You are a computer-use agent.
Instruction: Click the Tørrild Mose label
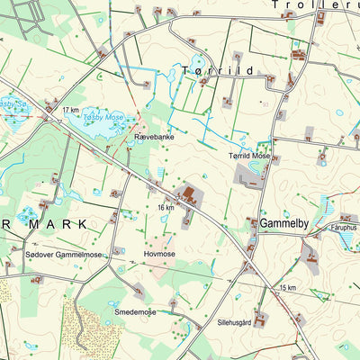248,156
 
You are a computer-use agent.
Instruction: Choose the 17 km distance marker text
71,110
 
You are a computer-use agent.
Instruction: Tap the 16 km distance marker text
166,208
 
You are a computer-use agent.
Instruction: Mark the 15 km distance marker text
287,287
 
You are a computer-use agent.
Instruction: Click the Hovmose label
159,255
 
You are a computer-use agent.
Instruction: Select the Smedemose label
135,312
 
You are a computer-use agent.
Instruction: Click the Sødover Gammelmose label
64,256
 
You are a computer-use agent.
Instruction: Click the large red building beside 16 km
190,193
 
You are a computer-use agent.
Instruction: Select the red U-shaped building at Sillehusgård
260,318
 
